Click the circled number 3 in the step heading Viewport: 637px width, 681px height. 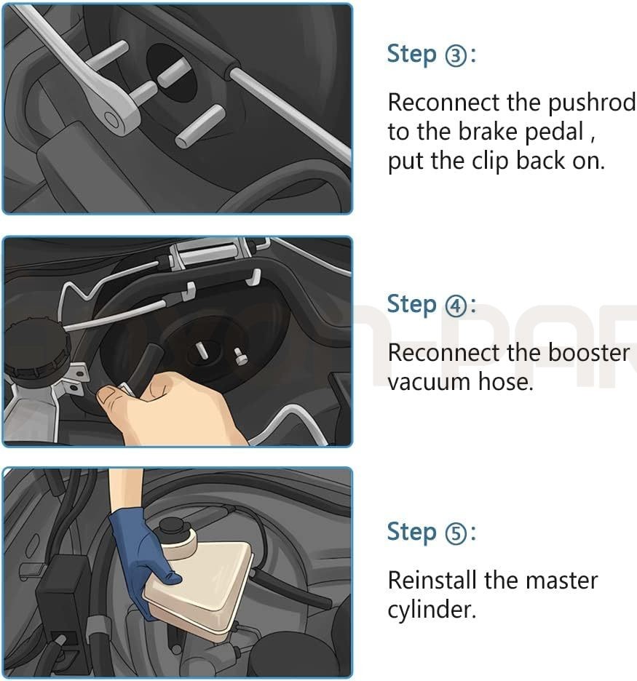[x=456, y=55]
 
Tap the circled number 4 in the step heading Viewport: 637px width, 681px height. [x=456, y=306]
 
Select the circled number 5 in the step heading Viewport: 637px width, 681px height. [x=456, y=533]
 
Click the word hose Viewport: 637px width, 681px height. [x=505, y=382]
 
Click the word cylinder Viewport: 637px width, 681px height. [x=432, y=610]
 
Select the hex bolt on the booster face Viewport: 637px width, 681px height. [x=240, y=355]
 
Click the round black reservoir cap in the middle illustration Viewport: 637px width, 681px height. [x=37, y=349]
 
